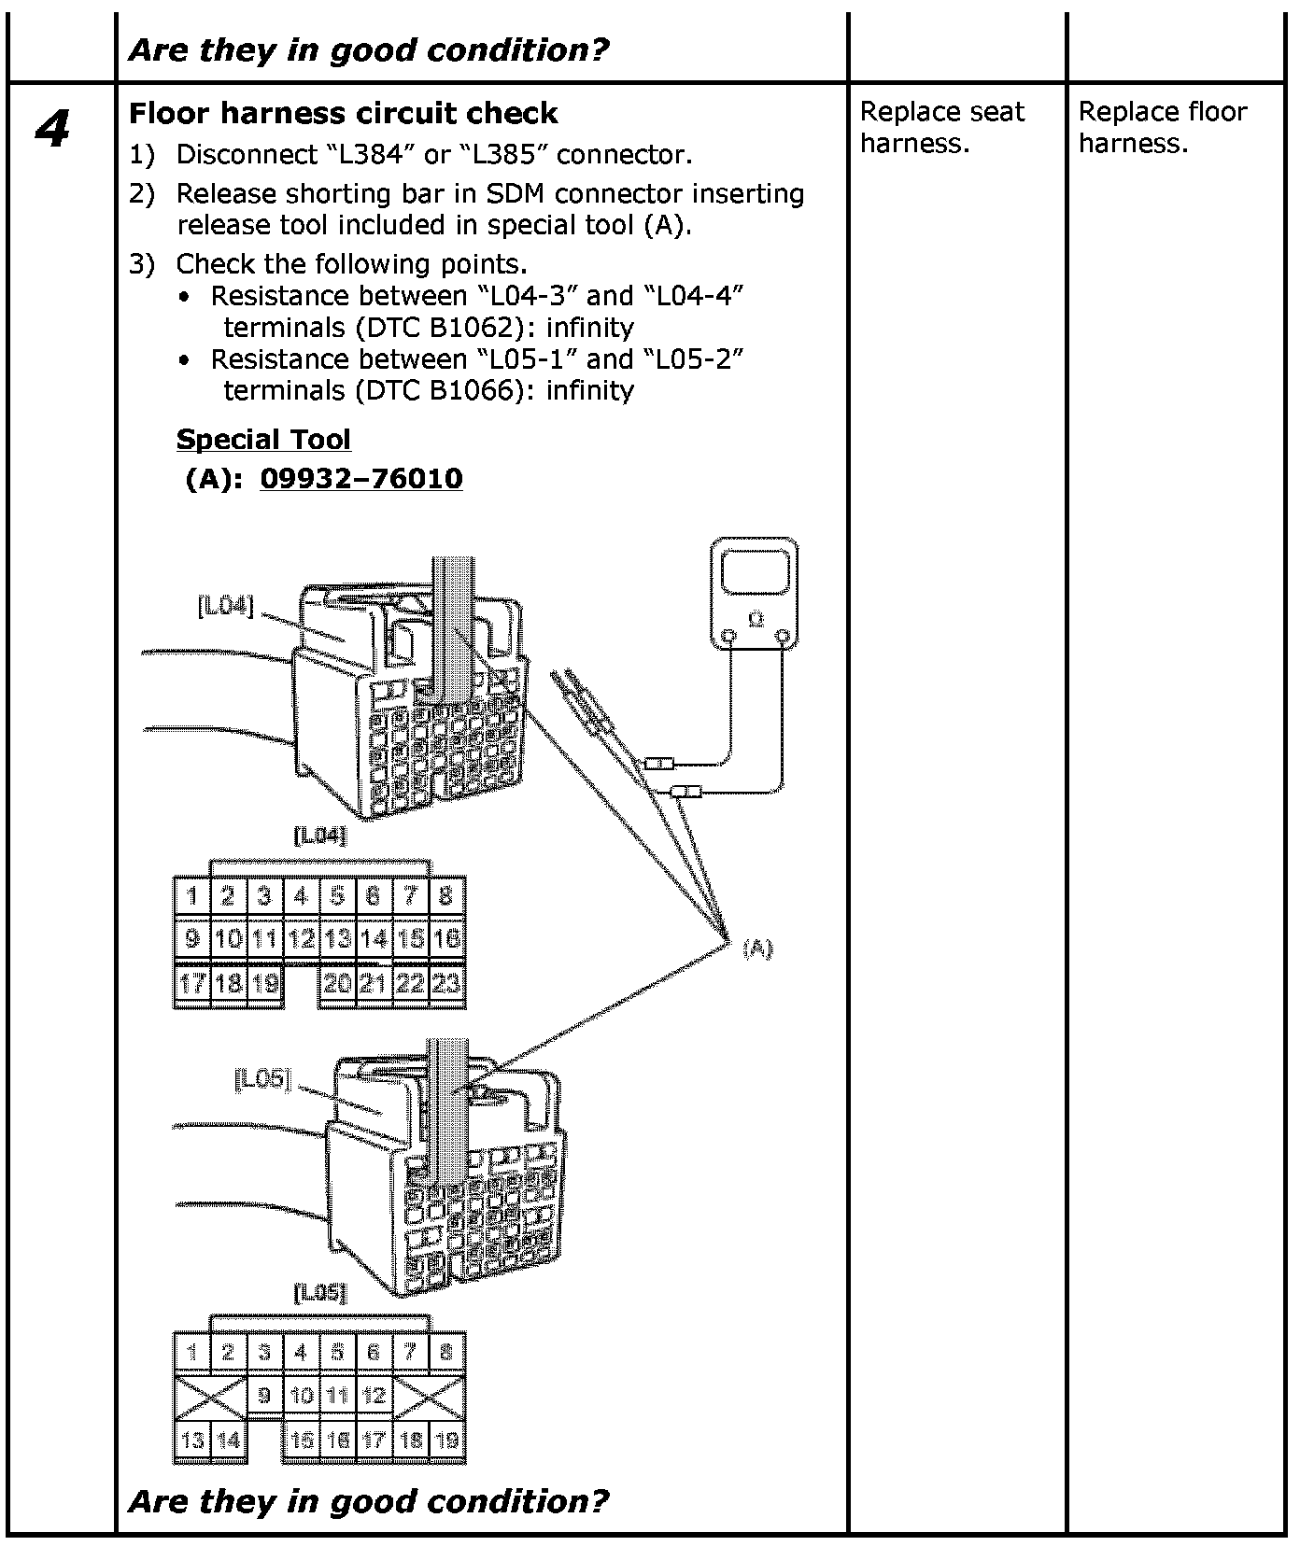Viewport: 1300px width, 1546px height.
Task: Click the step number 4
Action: point(52,130)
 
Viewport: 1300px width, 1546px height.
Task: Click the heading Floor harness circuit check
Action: point(343,113)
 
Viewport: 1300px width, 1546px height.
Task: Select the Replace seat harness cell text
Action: point(941,127)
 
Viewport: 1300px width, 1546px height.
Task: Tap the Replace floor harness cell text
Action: point(1162,127)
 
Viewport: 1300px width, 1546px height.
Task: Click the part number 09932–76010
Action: point(360,478)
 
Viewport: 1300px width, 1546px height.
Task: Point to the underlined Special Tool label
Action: point(263,439)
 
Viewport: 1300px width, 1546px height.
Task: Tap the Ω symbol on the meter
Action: point(756,619)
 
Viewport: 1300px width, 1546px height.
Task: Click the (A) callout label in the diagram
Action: point(757,949)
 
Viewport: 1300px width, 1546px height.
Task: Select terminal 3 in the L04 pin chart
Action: point(264,896)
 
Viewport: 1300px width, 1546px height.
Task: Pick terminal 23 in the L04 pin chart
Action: point(447,983)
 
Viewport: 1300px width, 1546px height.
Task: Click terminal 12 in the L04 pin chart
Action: point(301,939)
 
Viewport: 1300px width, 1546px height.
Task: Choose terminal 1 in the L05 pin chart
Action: point(192,1352)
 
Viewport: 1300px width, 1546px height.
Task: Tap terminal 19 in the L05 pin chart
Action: point(447,1440)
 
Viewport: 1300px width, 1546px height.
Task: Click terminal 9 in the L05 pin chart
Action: point(264,1396)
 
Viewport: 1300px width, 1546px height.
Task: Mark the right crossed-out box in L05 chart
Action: point(429,1396)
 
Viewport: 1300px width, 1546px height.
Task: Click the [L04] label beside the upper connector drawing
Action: point(225,606)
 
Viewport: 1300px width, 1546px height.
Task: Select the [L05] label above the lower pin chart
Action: point(320,1293)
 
